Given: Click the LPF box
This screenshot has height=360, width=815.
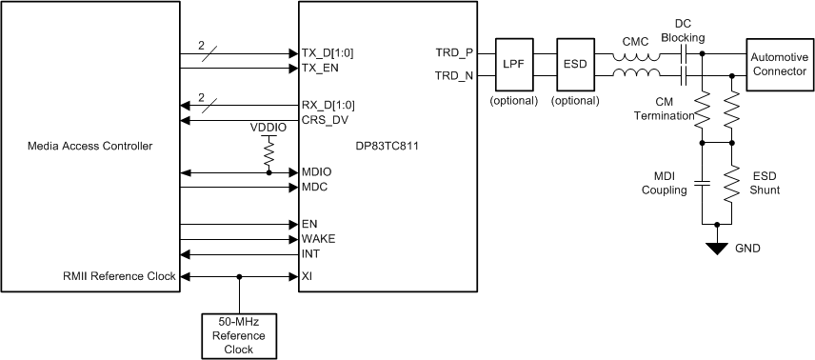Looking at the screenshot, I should pos(513,65).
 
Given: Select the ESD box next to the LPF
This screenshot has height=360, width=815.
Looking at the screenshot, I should pos(574,65).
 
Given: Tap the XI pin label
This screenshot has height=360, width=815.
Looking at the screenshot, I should pos(308,277).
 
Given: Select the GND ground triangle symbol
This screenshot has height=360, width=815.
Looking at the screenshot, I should pos(716,247).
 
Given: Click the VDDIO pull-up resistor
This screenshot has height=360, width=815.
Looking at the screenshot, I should pos(268,152).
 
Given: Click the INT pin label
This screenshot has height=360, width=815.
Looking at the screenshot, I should pos(310,253).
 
